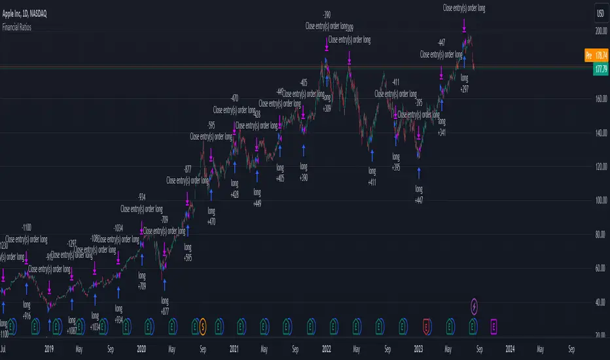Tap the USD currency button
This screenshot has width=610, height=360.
coord(599,13)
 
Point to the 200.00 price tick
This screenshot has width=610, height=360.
coord(597,31)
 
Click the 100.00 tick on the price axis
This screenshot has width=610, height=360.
coord(597,200)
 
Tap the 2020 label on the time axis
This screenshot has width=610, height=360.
coord(140,350)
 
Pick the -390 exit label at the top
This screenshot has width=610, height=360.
coord(326,14)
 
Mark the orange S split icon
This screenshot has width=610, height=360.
coord(203,324)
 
